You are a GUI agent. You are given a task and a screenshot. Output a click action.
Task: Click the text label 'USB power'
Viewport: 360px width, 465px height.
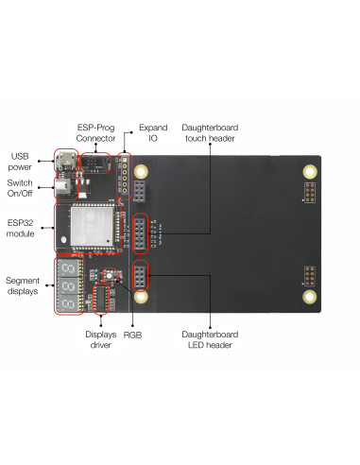20,161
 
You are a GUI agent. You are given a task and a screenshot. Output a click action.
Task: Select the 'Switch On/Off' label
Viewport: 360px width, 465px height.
20,187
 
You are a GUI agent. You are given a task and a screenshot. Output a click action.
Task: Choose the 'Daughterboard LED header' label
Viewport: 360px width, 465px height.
207,339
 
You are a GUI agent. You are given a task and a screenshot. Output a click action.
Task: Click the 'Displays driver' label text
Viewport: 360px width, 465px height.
99,339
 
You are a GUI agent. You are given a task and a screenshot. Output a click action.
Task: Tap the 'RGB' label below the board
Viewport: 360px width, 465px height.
132,335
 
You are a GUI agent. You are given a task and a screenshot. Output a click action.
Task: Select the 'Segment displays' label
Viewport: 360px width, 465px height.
22,285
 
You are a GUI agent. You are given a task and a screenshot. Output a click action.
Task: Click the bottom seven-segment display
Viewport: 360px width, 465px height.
68,302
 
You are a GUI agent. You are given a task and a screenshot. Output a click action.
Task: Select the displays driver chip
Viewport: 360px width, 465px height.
101,299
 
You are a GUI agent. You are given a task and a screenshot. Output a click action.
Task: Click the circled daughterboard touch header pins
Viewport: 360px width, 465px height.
140,233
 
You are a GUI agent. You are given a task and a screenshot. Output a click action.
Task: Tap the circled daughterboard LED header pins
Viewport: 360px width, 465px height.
140,278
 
